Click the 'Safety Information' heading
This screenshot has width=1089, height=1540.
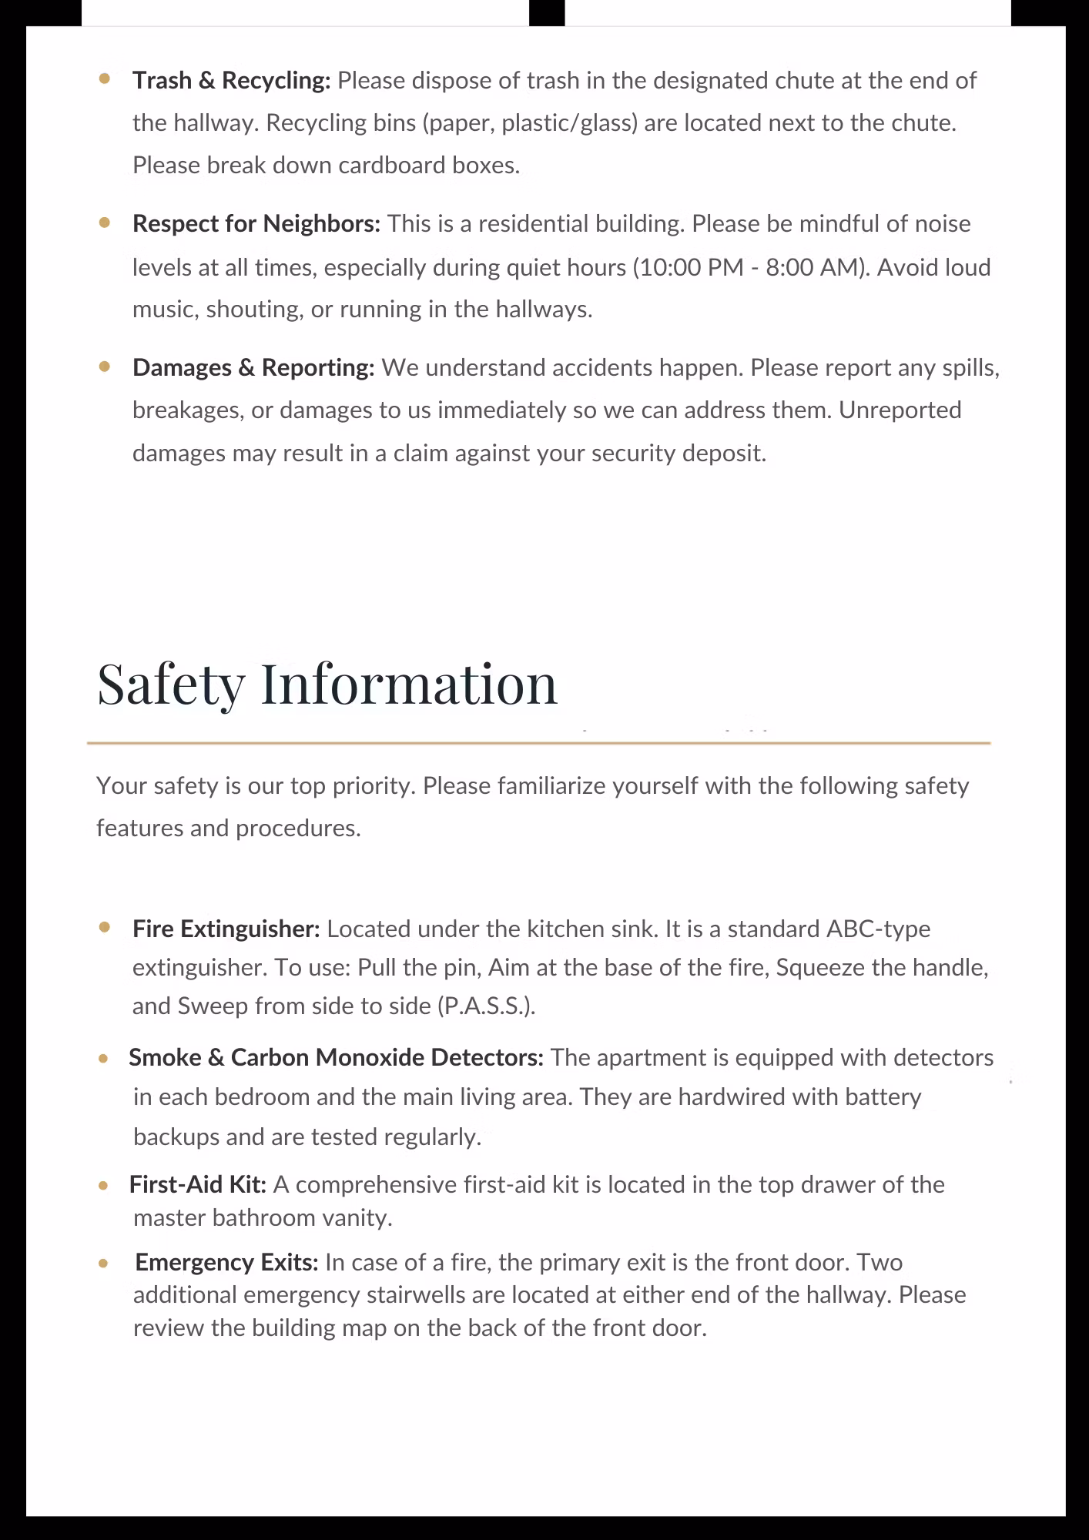tap(327, 684)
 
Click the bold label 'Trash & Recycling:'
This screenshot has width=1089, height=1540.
tap(231, 81)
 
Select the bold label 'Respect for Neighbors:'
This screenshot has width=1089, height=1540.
tap(256, 224)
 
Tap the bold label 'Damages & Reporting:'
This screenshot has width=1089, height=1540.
tap(253, 368)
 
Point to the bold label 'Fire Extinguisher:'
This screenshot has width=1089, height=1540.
tap(226, 929)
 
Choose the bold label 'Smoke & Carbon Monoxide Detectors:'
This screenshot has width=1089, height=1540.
tap(336, 1058)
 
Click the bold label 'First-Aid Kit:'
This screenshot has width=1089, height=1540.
tap(198, 1184)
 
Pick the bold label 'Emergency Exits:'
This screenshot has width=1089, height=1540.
tap(226, 1262)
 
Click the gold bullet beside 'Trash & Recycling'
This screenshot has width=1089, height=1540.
tap(105, 79)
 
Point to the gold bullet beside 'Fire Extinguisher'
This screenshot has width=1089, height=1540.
tap(105, 927)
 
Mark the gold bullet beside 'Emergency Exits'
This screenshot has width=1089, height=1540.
tap(103, 1264)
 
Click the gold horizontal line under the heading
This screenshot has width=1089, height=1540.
tap(539, 743)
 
